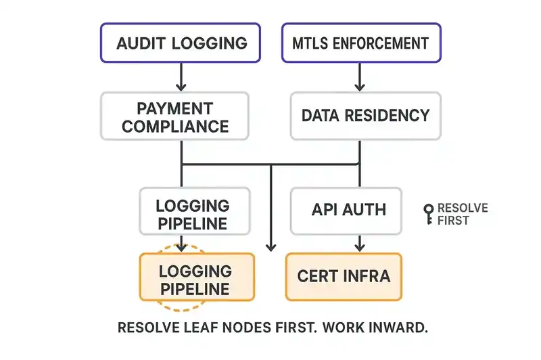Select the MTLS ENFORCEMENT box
[360, 43]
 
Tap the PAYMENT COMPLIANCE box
[175, 117]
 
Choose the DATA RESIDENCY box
[364, 115]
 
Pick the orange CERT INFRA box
[344, 277]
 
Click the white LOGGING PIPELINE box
[192, 214]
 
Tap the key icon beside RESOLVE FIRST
[427, 214]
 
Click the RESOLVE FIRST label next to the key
[463, 214]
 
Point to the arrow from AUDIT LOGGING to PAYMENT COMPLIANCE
[181, 78]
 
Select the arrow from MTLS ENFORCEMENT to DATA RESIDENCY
[359, 78]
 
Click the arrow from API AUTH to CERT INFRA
[359, 241]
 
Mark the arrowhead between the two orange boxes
[271, 245]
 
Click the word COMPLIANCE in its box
[175, 126]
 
